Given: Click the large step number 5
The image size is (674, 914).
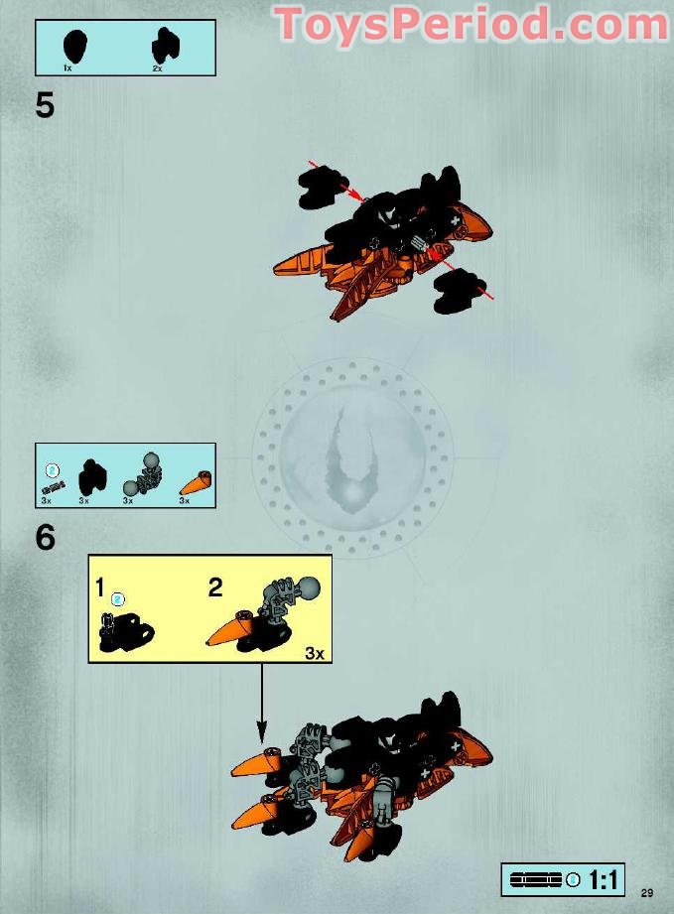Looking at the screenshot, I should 45,105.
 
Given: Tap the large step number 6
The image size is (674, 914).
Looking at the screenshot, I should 45,537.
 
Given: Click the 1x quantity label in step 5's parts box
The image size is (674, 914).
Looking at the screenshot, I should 67,68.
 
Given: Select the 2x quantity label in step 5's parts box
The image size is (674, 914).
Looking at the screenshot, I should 157,68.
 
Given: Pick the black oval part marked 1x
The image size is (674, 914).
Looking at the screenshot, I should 73,45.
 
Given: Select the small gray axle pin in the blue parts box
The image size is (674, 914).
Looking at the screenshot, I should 53,486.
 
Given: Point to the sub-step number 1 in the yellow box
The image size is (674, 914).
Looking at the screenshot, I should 100,588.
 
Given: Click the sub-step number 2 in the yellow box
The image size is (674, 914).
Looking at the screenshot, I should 214,588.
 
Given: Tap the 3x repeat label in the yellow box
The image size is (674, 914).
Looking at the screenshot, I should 314,653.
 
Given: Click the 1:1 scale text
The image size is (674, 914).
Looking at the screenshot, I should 605,879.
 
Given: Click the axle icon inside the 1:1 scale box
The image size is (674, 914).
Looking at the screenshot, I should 536,879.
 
